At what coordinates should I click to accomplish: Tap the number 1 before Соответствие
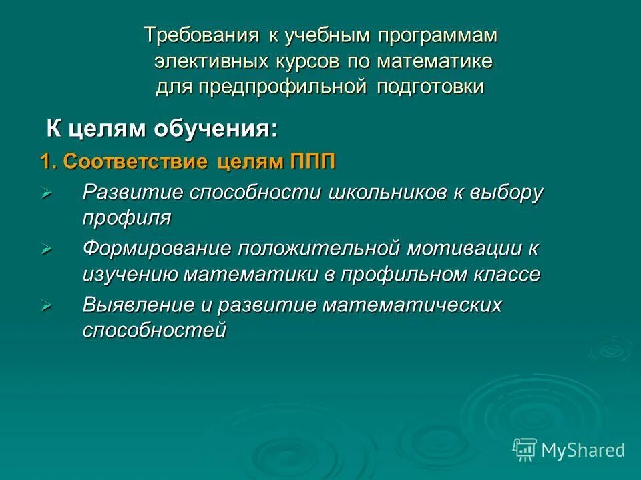pyautogui.click(x=45, y=163)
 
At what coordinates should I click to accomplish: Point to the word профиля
pyautogui.click(x=127, y=217)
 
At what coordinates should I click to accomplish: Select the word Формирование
pyautogui.click(x=157, y=249)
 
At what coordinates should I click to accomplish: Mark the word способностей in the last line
pyautogui.click(x=155, y=330)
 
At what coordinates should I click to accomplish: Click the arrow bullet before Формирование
pyautogui.click(x=46, y=249)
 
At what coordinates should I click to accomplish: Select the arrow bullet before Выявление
pyautogui.click(x=46, y=306)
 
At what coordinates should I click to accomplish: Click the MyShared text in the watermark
pyautogui.click(x=583, y=450)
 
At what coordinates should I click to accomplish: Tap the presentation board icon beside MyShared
pyautogui.click(x=525, y=449)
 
